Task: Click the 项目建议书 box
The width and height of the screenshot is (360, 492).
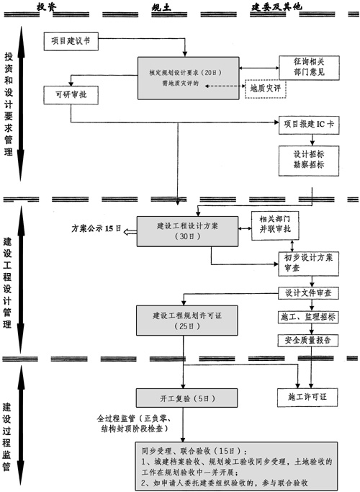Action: [70, 41]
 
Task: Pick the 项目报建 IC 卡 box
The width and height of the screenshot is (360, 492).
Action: [310, 123]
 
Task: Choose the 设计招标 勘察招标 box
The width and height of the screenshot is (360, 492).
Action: [310, 158]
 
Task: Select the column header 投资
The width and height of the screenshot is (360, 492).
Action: [47, 7]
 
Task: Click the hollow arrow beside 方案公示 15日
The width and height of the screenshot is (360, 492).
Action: [130, 231]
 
